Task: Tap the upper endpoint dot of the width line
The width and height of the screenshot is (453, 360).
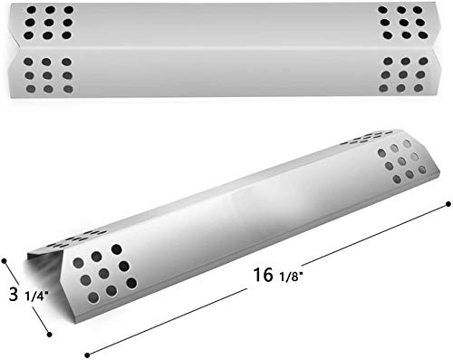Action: (5, 260)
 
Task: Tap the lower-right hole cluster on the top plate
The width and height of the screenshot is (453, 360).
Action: (400, 73)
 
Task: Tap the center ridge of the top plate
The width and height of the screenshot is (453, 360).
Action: (226, 49)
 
